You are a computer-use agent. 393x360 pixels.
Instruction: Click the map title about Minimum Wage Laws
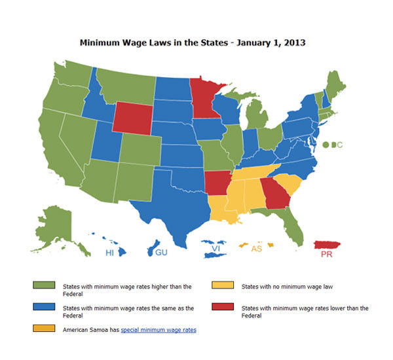tap(193, 43)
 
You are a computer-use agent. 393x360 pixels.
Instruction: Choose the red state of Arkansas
tap(218, 181)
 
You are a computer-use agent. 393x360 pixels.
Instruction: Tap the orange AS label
tap(257, 249)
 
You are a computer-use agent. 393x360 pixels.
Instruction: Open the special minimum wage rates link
tap(159, 330)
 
